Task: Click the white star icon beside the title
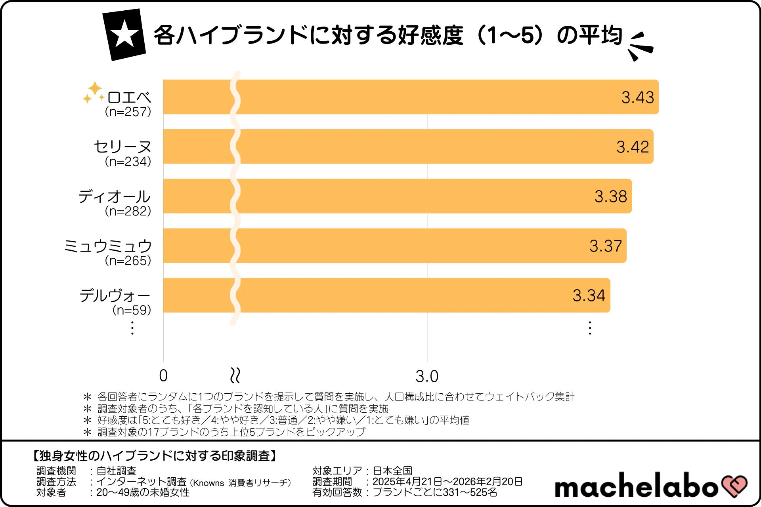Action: pyautogui.click(x=124, y=34)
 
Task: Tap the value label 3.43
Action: pyautogui.click(x=637, y=97)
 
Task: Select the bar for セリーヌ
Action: pyautogui.click(x=396, y=147)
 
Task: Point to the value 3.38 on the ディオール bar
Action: pyautogui.click(x=610, y=196)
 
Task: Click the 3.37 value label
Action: pyautogui.click(x=605, y=246)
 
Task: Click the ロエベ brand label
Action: pyautogui.click(x=129, y=97)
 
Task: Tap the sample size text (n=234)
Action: pyautogui.click(x=128, y=162)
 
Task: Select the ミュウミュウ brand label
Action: pyautogui.click(x=108, y=246)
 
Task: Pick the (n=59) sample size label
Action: pyautogui.click(x=132, y=310)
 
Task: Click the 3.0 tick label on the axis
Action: pyautogui.click(x=427, y=376)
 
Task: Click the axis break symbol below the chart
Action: pyautogui.click(x=235, y=375)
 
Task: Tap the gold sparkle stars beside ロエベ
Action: pyautogui.click(x=93, y=92)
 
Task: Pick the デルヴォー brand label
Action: pyautogui.click(x=115, y=296)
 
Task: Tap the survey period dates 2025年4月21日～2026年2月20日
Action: pyautogui.click(x=447, y=482)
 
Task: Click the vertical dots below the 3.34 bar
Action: pyautogui.click(x=590, y=328)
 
